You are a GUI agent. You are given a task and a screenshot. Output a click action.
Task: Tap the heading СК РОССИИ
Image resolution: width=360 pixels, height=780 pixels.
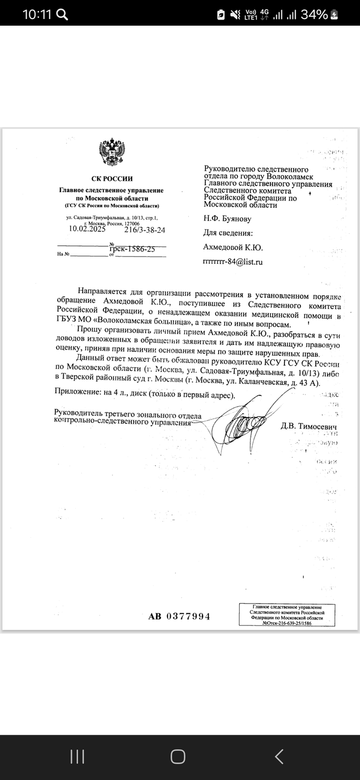tap(111, 178)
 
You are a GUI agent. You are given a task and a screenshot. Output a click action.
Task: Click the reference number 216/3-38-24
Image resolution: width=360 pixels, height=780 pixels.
tap(145, 230)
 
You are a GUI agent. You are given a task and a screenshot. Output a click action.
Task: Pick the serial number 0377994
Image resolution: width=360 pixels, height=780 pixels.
tap(187, 616)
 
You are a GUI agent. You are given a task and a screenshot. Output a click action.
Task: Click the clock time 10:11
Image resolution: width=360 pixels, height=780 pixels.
tap(37, 14)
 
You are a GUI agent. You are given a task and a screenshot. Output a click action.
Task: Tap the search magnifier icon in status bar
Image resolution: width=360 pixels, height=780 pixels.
tap(62, 14)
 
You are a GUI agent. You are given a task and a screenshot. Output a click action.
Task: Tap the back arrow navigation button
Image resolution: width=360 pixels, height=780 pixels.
tap(279, 756)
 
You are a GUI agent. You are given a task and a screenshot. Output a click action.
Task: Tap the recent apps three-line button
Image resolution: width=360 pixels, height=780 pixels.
tap(77, 756)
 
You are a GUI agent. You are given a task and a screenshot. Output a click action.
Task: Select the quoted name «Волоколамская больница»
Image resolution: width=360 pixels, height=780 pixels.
tap(143, 324)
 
